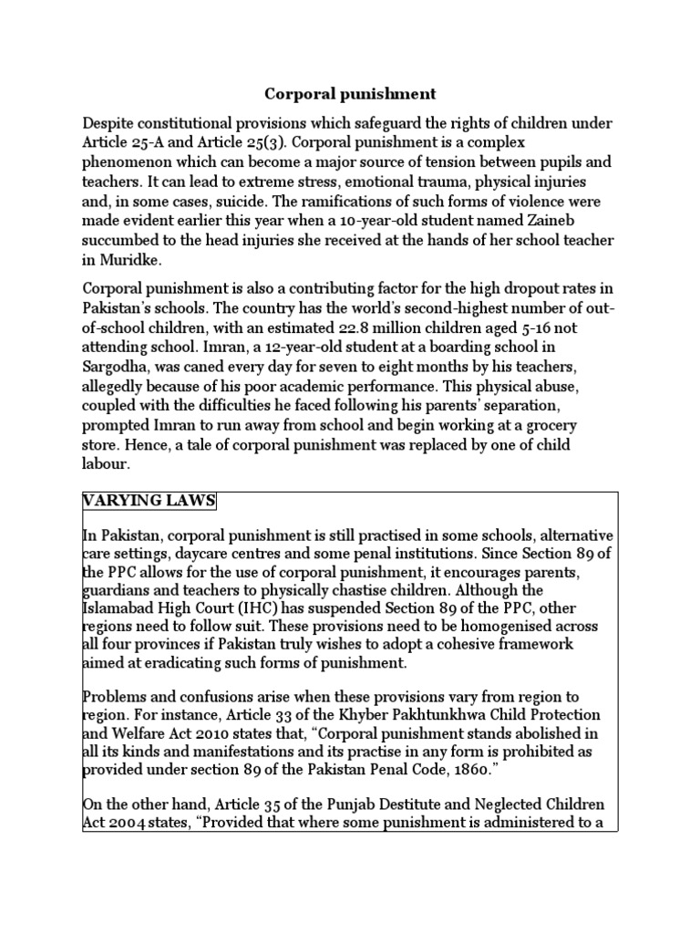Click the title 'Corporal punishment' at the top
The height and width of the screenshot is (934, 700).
[x=350, y=94]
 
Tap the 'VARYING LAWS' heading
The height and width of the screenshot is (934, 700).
[x=149, y=502]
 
